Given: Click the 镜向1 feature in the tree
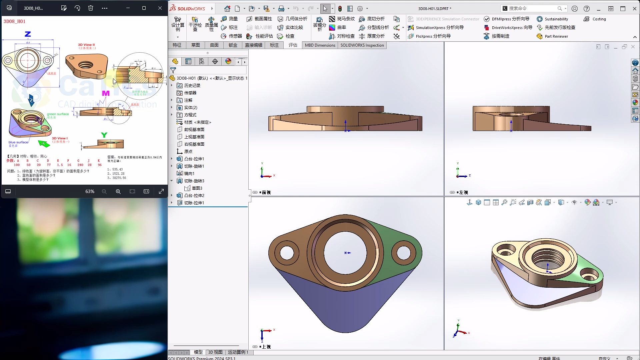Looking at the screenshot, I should click(189, 173).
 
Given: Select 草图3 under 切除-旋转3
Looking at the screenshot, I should click(197, 188).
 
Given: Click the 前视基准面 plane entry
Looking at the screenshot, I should click(194, 129).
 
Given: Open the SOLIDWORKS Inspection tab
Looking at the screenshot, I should click(362, 45).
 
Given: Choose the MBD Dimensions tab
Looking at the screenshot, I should click(320, 45).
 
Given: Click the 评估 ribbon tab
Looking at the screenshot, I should click(293, 45).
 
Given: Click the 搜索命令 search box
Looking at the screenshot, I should click(532, 8).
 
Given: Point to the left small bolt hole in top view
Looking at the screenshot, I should click(287, 253).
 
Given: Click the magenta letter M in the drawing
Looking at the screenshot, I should click(106, 93).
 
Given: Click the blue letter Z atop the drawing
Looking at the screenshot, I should click(28, 34).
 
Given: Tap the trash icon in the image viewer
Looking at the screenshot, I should click(91, 8).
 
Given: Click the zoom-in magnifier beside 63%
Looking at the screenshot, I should click(118, 191).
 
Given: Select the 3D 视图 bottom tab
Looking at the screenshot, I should click(215, 352).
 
